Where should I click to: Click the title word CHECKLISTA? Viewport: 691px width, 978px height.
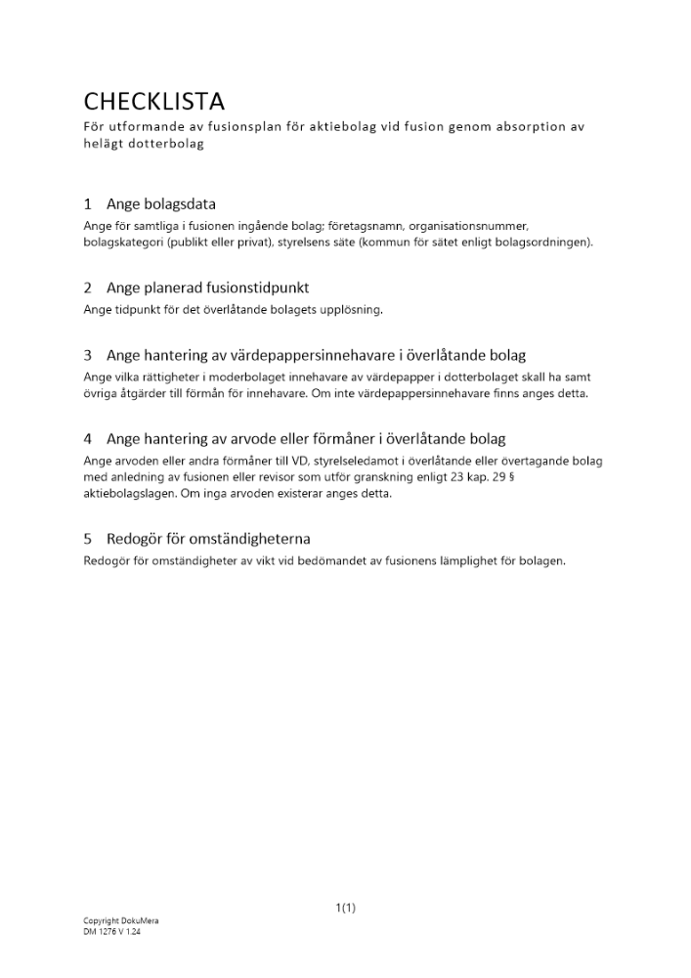pos(154,101)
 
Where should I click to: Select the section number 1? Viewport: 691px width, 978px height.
pos(88,204)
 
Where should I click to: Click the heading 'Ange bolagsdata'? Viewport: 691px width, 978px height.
pos(161,204)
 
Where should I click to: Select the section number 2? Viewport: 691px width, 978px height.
pos(88,288)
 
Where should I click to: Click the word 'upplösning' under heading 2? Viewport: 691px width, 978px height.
pos(350,310)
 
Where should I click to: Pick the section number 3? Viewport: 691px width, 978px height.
pos(88,355)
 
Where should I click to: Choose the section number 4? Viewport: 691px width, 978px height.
pos(88,438)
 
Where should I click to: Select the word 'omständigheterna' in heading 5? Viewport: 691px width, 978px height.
pos(255,538)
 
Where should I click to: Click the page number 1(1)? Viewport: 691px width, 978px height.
pos(345,908)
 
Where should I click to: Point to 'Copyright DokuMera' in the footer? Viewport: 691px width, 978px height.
pos(121,921)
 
